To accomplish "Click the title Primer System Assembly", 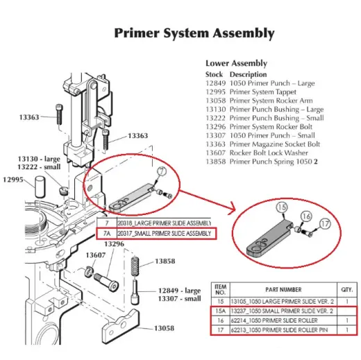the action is click(194, 33).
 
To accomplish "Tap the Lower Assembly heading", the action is click(236, 63).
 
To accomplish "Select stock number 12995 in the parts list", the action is click(215, 92).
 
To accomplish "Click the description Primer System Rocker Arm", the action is click(271, 101).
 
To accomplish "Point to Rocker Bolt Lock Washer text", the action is click(269, 153).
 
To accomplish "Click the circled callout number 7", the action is click(162, 171).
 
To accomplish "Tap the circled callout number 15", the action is click(282, 207).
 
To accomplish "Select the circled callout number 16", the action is click(306, 216).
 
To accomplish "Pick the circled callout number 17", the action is click(325, 223).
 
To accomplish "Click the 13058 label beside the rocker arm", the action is click(164, 328).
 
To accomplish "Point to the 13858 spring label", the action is click(165, 262).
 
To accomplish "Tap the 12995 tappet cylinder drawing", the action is click(40, 187).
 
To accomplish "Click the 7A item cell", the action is click(107, 233).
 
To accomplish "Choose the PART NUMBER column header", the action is click(283, 289).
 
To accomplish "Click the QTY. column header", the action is click(346, 289).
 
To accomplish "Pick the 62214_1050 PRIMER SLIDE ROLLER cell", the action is click(283, 320).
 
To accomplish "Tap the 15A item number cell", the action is click(220, 311).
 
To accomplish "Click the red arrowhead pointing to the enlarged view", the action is click(232, 208).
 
